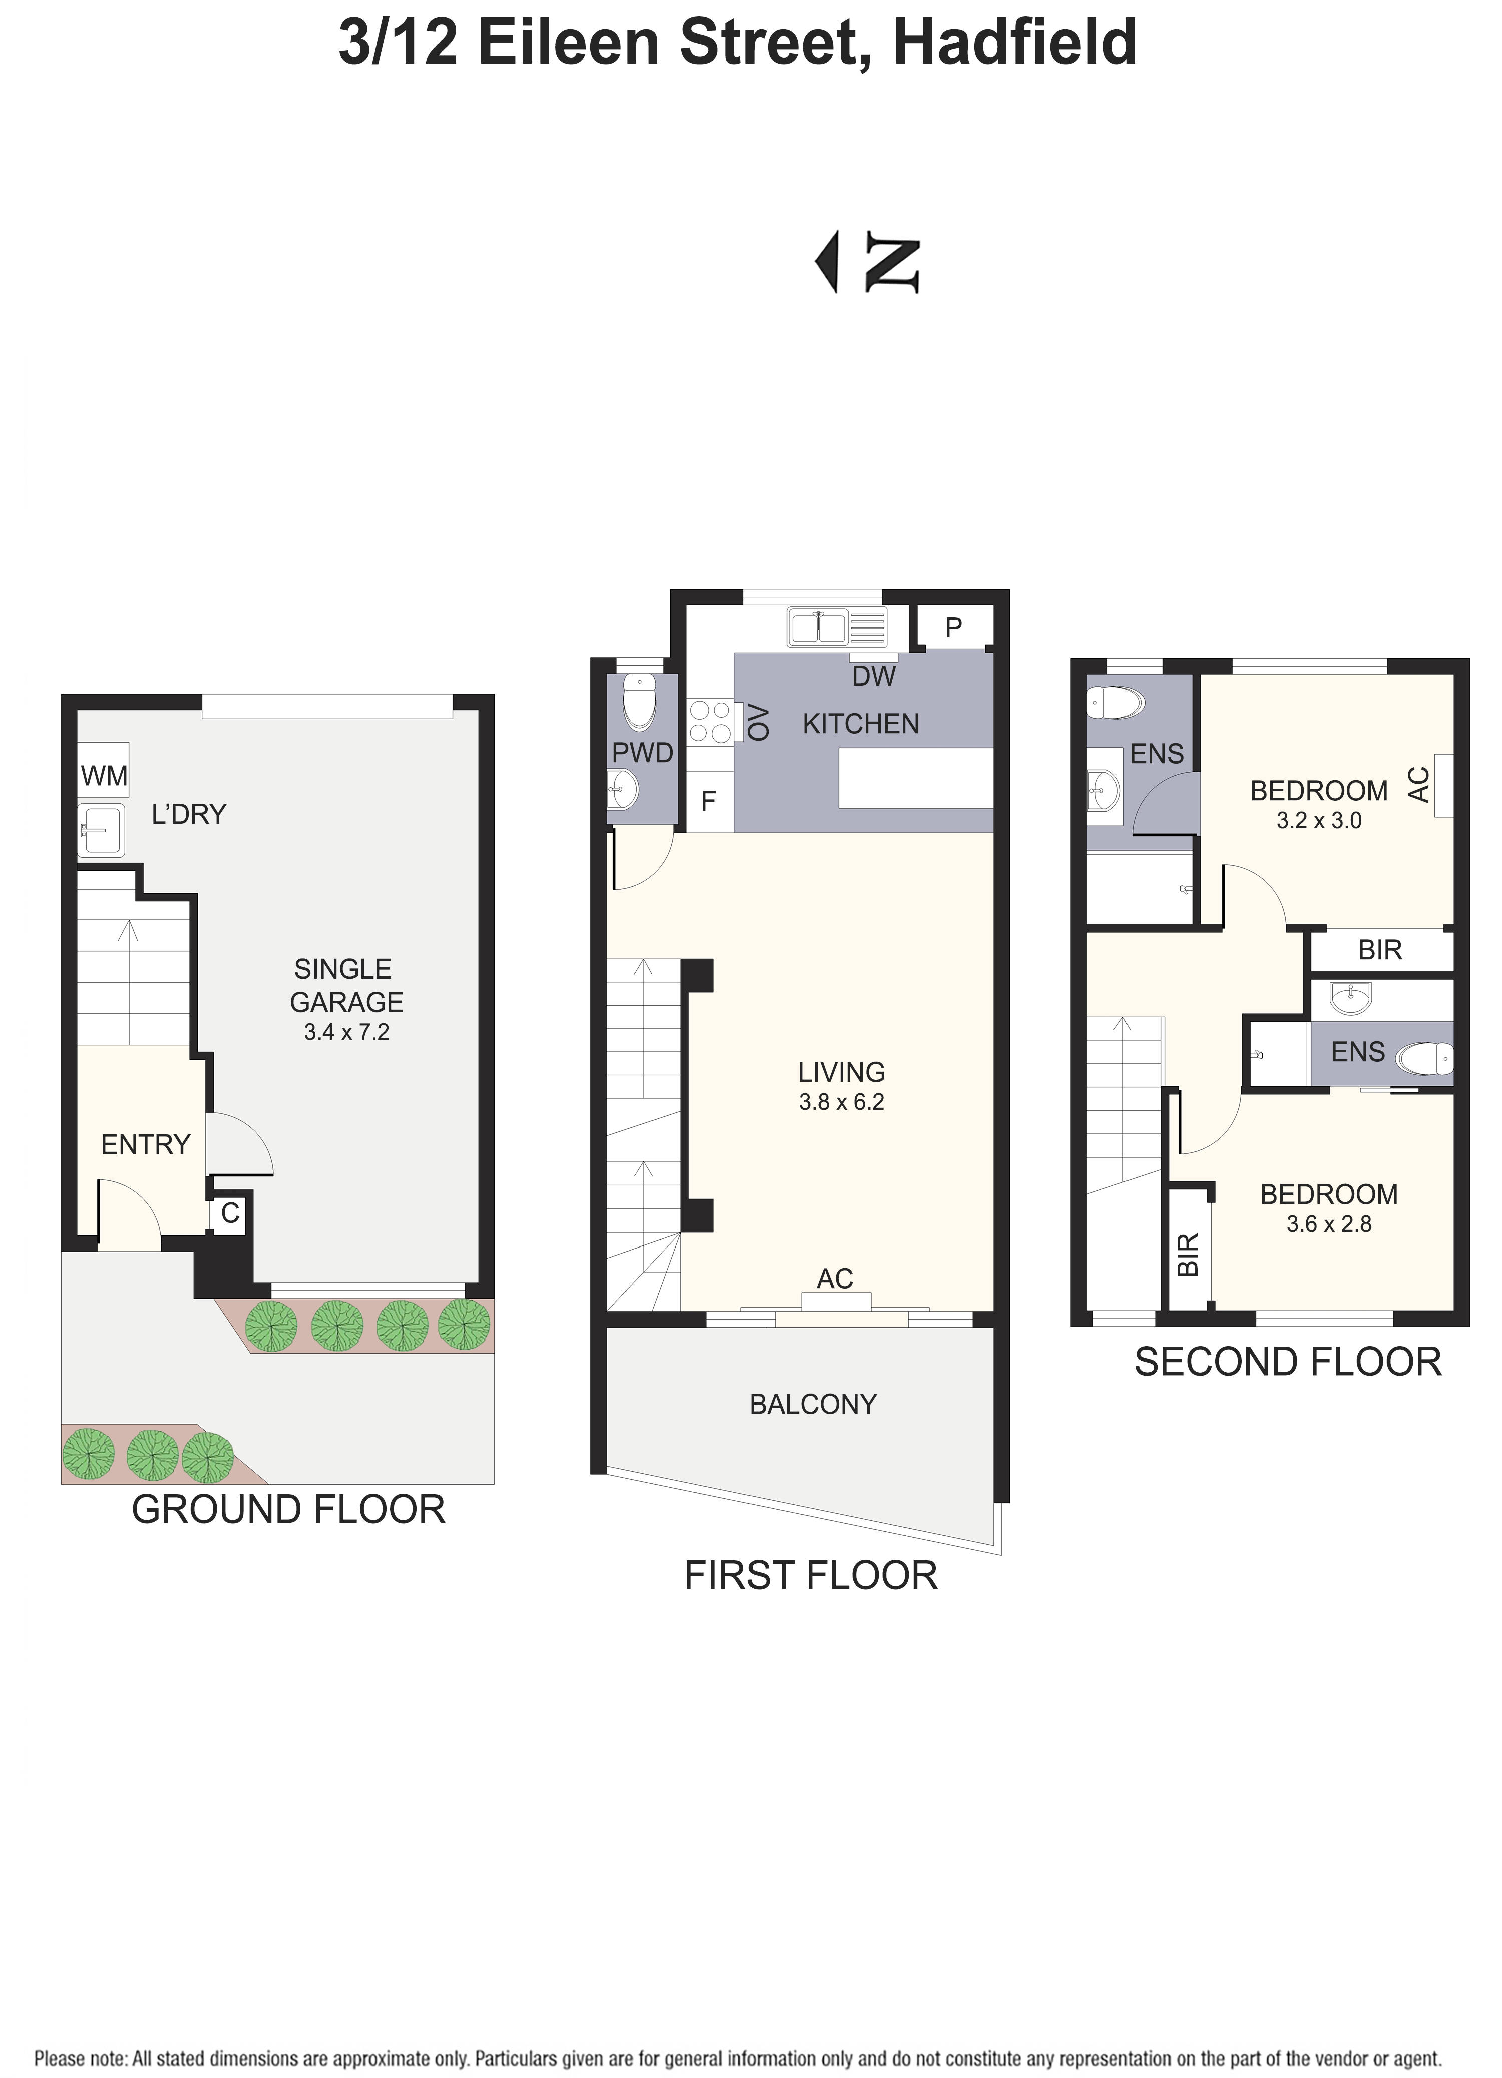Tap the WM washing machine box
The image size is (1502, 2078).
click(104, 776)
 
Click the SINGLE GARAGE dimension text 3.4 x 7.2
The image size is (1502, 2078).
click(346, 1033)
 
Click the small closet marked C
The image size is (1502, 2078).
click(229, 1213)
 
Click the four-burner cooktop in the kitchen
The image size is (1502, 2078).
click(710, 721)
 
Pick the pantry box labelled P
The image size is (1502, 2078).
click(953, 628)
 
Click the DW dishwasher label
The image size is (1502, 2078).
click(873, 676)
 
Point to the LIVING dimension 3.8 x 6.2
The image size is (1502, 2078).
click(841, 1102)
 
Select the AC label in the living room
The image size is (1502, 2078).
click(835, 1278)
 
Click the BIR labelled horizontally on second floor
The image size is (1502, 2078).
click(1380, 950)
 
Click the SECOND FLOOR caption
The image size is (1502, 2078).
click(1288, 1363)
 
